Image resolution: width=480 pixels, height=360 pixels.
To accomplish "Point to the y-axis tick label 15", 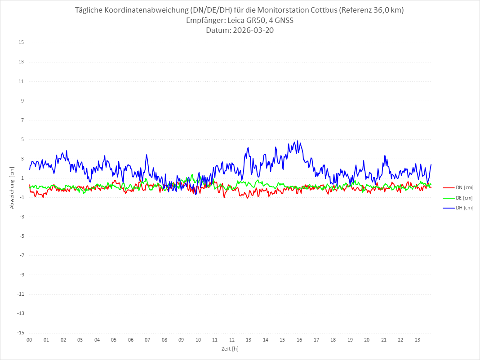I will [x=21, y=43].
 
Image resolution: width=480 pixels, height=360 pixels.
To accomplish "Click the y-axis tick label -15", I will [x=20, y=333].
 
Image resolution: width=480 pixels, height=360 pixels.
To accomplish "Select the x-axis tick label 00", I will [x=29, y=340].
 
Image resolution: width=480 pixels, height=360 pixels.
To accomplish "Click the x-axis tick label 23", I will [x=418, y=340].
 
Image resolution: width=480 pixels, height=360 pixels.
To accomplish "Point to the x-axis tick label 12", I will [x=232, y=340].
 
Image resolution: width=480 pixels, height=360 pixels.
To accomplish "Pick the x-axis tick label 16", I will [x=299, y=340].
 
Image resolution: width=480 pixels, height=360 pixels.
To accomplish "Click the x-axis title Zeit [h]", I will [x=230, y=349].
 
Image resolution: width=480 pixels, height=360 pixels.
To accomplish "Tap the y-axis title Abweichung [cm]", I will [x=12, y=188].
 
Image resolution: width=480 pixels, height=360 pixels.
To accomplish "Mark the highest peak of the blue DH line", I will [x=297, y=141].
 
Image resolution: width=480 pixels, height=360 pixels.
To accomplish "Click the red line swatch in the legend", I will [x=448, y=187].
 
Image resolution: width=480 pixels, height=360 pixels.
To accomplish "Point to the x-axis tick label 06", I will [x=130, y=340].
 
